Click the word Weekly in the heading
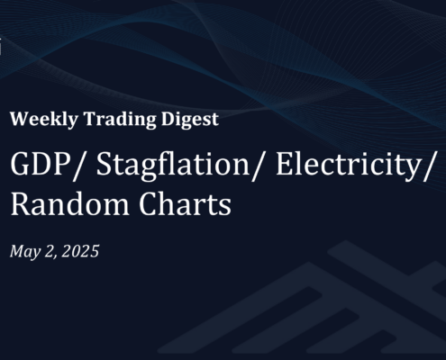[44, 119]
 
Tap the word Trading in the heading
[120, 119]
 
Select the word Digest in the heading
[190, 119]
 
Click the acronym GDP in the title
[39, 164]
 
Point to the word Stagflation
[173, 166]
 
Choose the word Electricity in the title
[348, 166]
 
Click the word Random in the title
[70, 204]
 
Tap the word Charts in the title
[185, 204]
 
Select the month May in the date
[25, 252]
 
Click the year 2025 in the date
[80, 251]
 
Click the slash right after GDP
[77, 166]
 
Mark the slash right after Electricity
[428, 166]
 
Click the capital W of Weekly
[20, 119]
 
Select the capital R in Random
[20, 204]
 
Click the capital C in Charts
[148, 204]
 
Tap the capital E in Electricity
[283, 164]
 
